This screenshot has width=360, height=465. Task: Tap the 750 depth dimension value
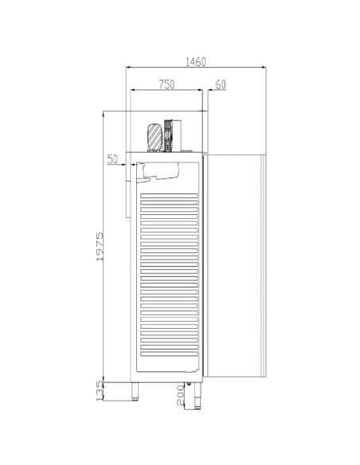pyautogui.click(x=166, y=84)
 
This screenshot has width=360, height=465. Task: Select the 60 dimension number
pyautogui.click(x=221, y=84)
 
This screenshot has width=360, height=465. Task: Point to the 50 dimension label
pyautogui.click(x=113, y=159)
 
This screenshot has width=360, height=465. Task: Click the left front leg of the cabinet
pyautogui.click(x=135, y=391)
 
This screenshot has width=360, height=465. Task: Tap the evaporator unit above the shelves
pyautogui.click(x=163, y=170)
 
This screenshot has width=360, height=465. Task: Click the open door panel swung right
pyautogui.click(x=235, y=264)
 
